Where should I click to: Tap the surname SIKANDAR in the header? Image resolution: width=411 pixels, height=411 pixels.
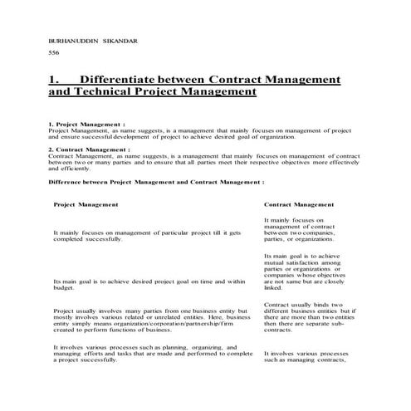(x=124, y=40)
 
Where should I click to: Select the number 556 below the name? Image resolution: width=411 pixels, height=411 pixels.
(x=55, y=53)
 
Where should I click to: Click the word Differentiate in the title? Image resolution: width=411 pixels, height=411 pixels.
(x=128, y=80)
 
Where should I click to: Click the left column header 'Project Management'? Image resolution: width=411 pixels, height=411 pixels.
(x=86, y=203)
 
